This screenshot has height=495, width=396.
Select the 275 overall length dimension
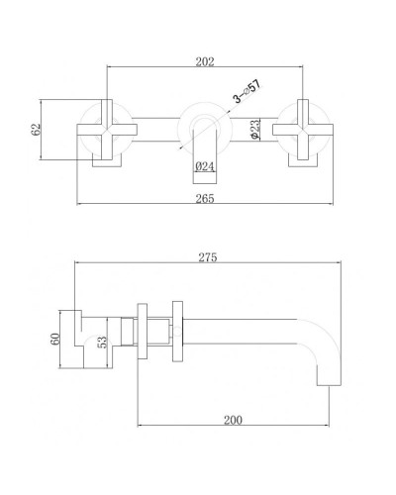point(207,257)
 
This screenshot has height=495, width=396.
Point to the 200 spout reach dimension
point(233,420)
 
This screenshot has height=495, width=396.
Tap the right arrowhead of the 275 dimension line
point(340,264)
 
